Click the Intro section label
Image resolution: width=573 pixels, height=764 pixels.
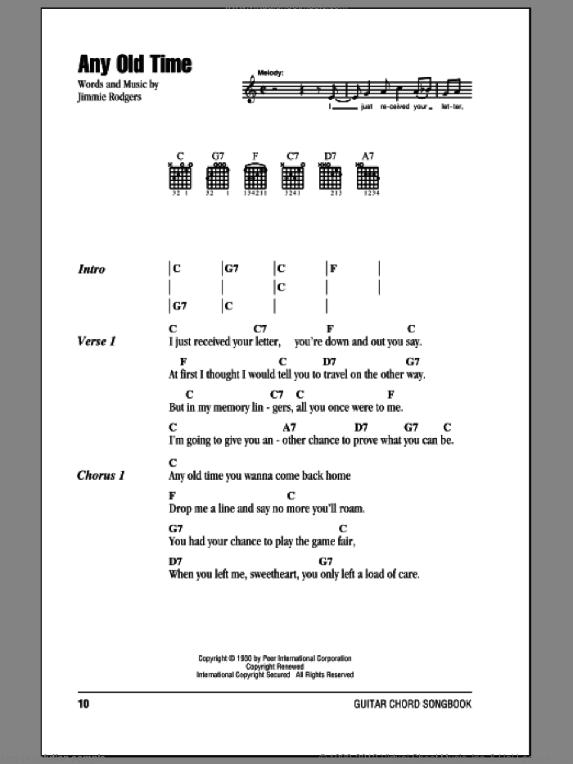(x=92, y=269)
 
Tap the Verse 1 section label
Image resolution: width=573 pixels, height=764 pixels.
(x=98, y=341)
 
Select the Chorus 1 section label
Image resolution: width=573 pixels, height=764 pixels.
(x=102, y=475)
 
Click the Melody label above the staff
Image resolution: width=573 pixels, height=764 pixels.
(x=268, y=73)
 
